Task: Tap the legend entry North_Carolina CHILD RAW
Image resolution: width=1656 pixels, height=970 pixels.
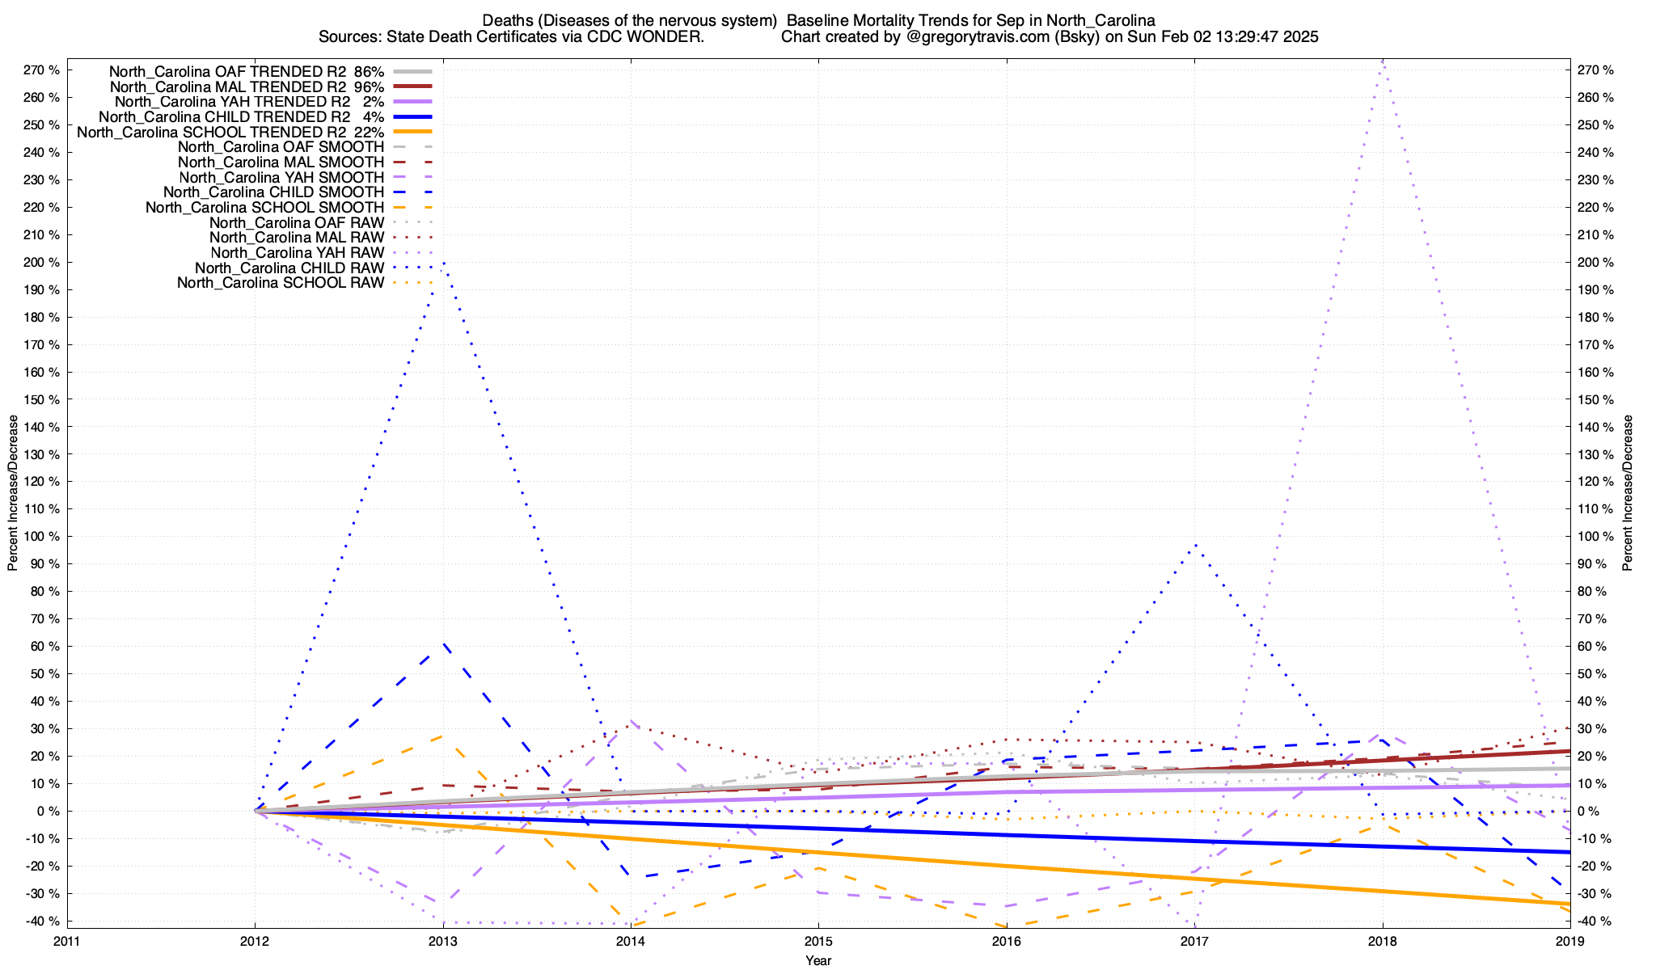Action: pos(289,268)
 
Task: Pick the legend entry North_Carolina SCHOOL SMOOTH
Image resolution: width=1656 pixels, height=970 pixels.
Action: pos(264,208)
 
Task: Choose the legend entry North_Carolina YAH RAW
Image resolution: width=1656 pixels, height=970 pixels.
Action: pos(297,253)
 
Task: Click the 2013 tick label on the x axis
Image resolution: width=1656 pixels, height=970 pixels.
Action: pos(442,941)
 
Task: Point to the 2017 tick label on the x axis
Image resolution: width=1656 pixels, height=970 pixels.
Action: pos(1194,941)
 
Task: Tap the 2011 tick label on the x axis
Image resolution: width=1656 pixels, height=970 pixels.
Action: pos(67,941)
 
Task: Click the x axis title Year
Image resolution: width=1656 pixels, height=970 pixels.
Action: pos(818,960)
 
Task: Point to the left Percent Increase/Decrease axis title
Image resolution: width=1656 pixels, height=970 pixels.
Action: pos(13,493)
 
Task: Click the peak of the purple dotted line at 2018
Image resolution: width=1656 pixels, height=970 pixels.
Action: pos(1383,61)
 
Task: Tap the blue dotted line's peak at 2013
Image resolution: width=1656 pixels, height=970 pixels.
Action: pos(443,263)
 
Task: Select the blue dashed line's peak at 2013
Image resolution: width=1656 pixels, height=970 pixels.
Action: pos(443,645)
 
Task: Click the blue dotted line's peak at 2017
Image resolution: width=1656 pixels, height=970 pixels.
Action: pos(1195,544)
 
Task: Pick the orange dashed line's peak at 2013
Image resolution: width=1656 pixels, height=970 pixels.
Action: pos(441,736)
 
